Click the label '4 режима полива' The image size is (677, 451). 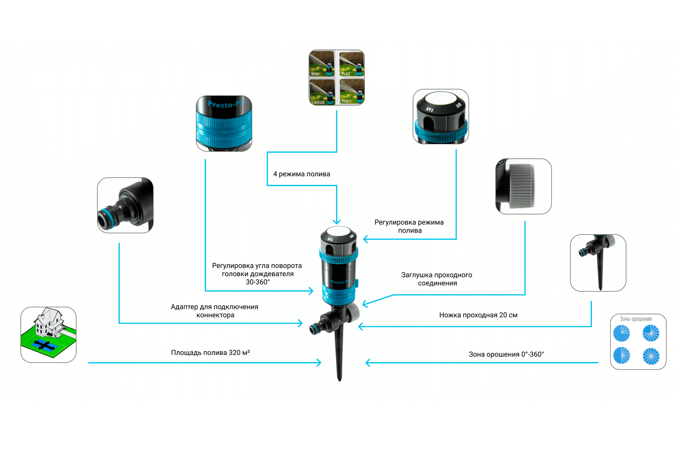(301, 174)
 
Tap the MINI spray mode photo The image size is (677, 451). (322, 64)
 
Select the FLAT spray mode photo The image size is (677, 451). (352, 64)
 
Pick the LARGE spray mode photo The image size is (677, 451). (322, 91)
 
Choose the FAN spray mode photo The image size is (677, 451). (352, 91)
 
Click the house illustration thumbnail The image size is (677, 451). (48, 335)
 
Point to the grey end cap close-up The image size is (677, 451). (523, 186)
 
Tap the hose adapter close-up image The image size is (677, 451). (125, 205)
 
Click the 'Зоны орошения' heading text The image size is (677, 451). (636, 319)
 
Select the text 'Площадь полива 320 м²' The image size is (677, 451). (210, 352)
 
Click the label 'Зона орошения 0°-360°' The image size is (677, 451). (506, 354)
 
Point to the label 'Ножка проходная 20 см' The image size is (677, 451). (478, 315)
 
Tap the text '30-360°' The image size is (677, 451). (257, 282)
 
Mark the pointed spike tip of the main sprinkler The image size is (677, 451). (339, 379)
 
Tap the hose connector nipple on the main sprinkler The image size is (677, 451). (315, 329)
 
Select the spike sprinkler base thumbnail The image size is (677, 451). (598, 263)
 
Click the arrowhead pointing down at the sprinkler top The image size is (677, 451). (336, 222)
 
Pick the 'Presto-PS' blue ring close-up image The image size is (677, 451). (224, 123)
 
